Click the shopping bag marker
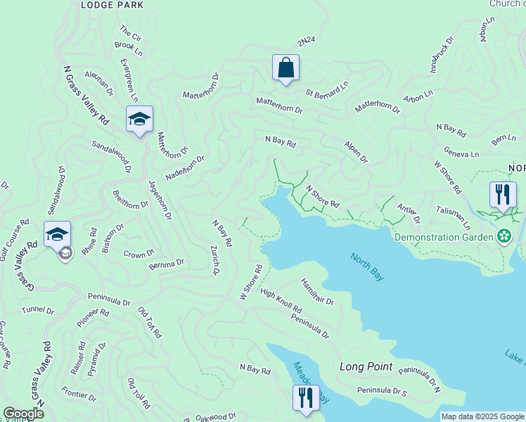pyautogui.click(x=286, y=68)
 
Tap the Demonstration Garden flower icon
pyautogui.click(x=503, y=236)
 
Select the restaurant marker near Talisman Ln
pyautogui.click(x=503, y=195)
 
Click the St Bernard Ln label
pyautogui.click(x=326, y=91)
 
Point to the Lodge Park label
pyautogui.click(x=112, y=5)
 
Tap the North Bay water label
pyautogui.click(x=367, y=267)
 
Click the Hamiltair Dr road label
pyautogui.click(x=316, y=291)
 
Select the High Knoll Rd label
pyautogui.click(x=281, y=301)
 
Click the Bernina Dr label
pyautogui.click(x=166, y=263)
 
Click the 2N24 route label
pyautogui.click(x=306, y=43)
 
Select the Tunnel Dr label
pyautogui.click(x=37, y=310)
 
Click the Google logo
pyautogui.click(x=23, y=414)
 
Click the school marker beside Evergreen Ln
pyautogui.click(x=139, y=119)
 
